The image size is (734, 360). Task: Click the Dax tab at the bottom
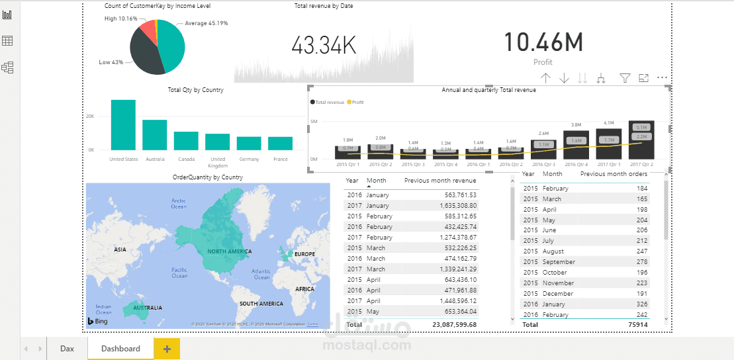tap(67, 348)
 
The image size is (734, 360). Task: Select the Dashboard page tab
tap(120, 348)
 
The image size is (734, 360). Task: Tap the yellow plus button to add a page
tap(166, 349)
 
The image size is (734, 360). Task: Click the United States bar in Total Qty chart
tap(123, 125)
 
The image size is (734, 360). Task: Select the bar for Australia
tap(154, 135)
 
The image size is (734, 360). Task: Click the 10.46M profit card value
tap(543, 42)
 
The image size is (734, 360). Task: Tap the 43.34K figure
tap(324, 46)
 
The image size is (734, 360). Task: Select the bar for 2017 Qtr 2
tap(641, 140)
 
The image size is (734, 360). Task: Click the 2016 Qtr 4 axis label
tap(576, 164)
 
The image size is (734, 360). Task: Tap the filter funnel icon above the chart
tap(624, 78)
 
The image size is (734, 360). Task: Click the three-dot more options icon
tap(662, 78)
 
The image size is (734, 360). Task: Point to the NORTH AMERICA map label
tap(229, 251)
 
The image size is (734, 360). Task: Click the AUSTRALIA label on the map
tap(148, 308)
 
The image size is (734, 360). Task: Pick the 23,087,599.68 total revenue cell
tap(454, 325)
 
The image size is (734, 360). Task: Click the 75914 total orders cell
tap(635, 325)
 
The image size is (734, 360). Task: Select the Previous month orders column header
tap(614, 174)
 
